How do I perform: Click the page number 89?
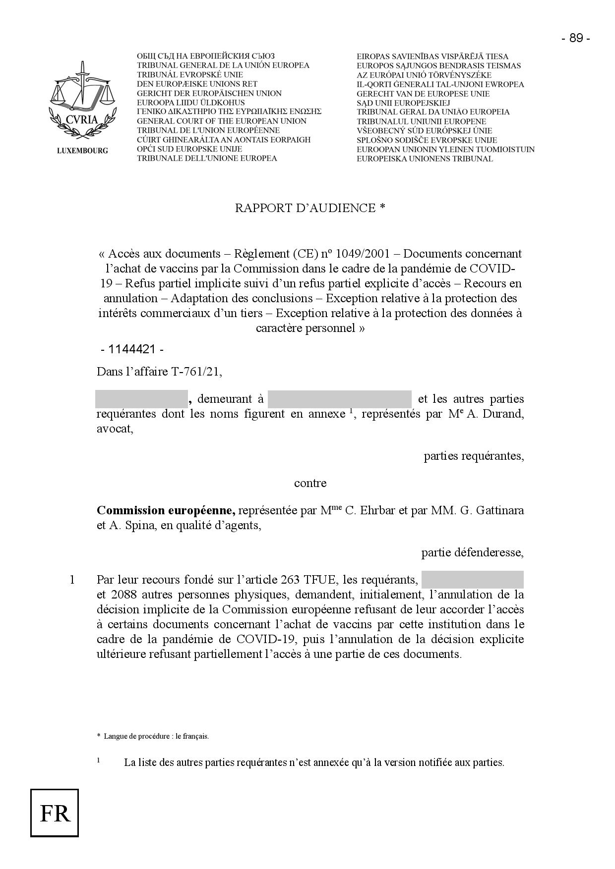coord(575,39)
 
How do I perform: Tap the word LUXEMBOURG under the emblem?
coord(82,151)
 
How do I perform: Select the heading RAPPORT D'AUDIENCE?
coord(310,208)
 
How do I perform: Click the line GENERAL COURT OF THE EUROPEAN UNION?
coord(221,121)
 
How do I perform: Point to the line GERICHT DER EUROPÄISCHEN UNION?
coord(209,93)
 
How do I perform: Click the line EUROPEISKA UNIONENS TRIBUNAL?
coord(425,159)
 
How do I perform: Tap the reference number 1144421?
coord(132,349)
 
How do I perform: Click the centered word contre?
coord(310,483)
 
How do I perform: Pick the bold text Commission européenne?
coord(166,510)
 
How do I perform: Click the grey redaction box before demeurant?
coord(141,399)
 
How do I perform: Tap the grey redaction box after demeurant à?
coord(339,399)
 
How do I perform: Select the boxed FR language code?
coord(55,813)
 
